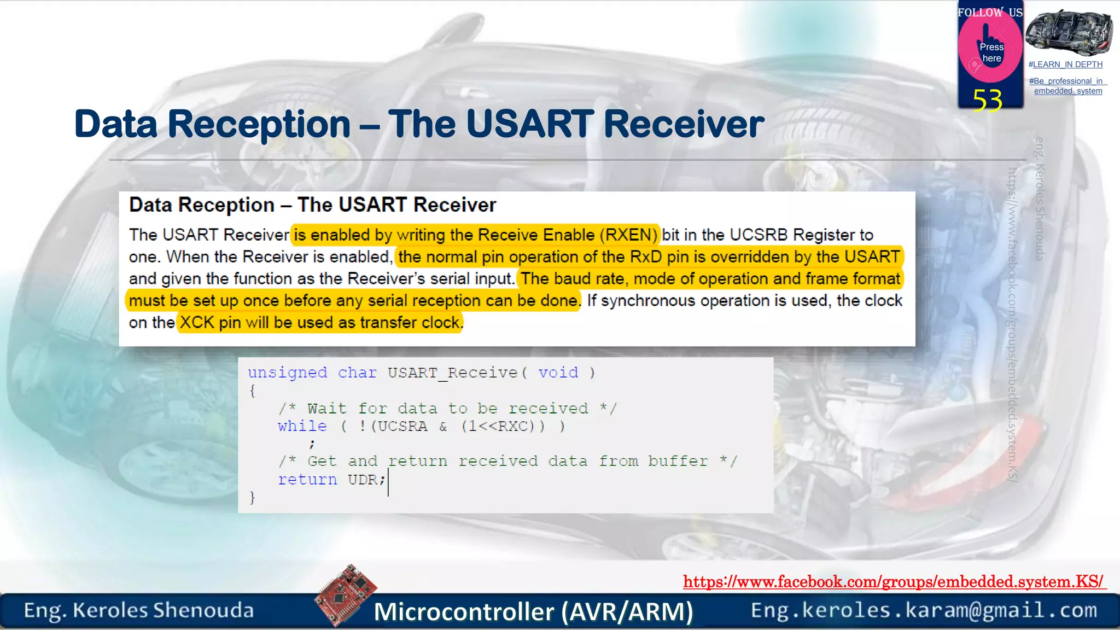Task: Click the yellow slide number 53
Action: click(988, 101)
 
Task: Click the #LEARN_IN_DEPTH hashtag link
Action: click(1065, 65)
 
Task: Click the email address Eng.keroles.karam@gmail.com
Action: click(924, 610)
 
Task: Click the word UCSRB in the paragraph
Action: click(759, 235)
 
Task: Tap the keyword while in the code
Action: click(302, 426)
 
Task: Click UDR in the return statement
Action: click(363, 480)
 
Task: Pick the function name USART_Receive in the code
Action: click(453, 373)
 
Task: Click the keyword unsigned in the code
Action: click(287, 373)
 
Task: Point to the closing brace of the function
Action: click(252, 497)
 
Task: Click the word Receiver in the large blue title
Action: click(684, 124)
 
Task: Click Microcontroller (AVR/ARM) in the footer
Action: click(533, 611)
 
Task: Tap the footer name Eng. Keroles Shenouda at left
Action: click(139, 610)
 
